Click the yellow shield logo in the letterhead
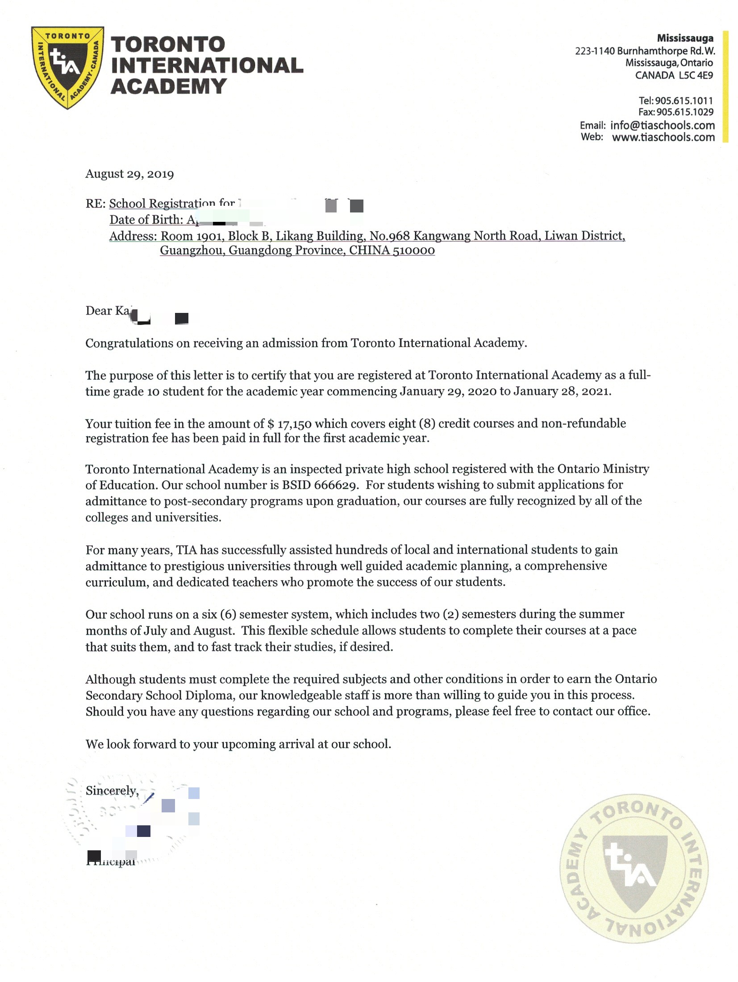[x=68, y=67]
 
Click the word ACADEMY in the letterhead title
[x=168, y=86]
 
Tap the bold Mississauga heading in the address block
[x=684, y=38]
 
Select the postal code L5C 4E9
[x=696, y=75]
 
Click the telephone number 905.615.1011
[x=684, y=101]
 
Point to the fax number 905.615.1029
[x=684, y=112]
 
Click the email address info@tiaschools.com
[x=662, y=125]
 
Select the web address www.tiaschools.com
[x=663, y=137]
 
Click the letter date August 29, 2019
[x=129, y=174]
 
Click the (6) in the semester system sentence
[x=228, y=615]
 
